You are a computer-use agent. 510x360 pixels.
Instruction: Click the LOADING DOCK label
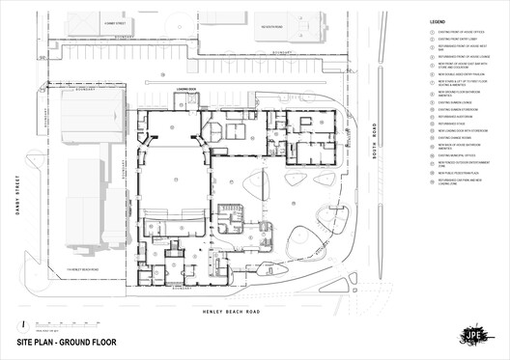pos(185,89)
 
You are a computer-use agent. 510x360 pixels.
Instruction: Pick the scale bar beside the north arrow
pos(58,324)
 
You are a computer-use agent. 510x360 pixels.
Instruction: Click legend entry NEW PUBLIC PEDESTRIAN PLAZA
pos(454,174)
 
